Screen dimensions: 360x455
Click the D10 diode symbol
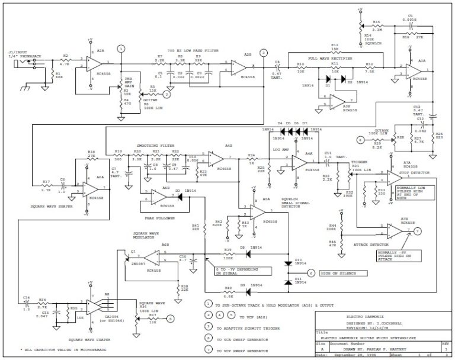(288, 262)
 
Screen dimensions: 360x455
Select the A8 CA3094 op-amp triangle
(94, 306)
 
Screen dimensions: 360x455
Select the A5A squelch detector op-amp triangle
(255, 213)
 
